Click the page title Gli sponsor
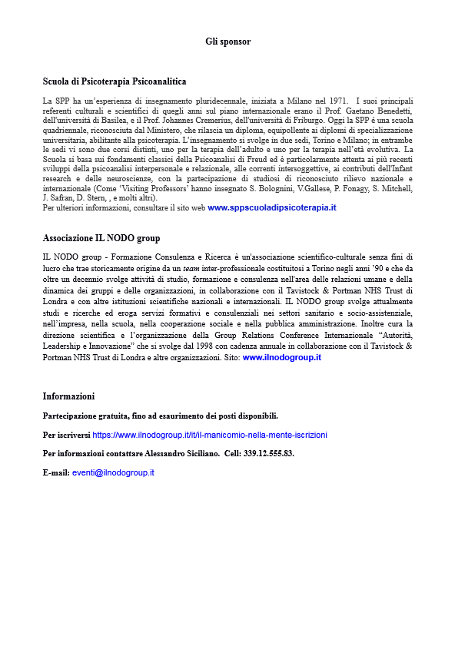click(x=227, y=41)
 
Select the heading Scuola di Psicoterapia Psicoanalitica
click(x=114, y=81)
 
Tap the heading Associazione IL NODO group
click(x=101, y=238)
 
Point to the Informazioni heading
click(x=68, y=396)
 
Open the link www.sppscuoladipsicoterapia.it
click(x=272, y=208)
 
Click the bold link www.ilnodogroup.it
click(x=281, y=358)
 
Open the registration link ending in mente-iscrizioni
click(x=210, y=435)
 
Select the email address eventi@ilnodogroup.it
click(x=113, y=472)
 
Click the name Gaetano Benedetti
click(x=378, y=111)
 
